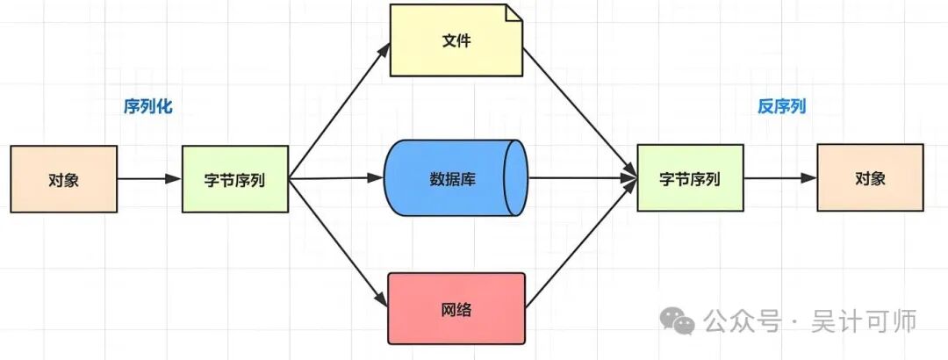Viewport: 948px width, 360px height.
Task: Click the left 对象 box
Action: [x=63, y=180]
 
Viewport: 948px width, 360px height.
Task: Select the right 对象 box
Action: [x=870, y=178]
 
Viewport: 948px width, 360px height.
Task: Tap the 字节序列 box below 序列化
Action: [x=234, y=180]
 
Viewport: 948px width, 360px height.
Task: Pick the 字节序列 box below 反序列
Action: [x=690, y=179]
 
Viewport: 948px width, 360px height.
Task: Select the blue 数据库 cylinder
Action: [x=456, y=178]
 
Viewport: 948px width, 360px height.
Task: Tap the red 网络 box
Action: [x=456, y=308]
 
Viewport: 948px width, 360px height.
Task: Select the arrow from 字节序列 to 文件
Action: [x=338, y=110]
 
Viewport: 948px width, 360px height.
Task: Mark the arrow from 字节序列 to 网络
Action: [x=338, y=242]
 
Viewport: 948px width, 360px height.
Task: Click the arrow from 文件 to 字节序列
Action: [x=579, y=110]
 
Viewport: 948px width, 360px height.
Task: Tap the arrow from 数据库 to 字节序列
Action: [x=579, y=179]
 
